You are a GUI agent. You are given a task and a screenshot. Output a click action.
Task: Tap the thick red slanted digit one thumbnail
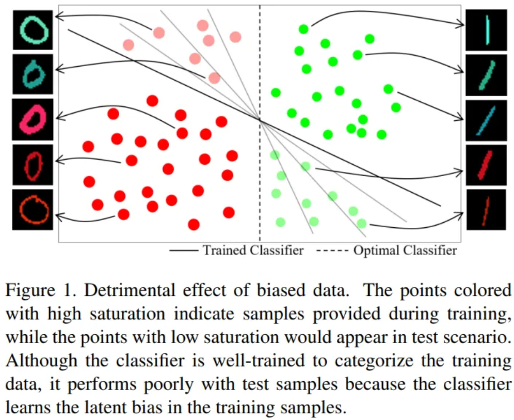point(485,165)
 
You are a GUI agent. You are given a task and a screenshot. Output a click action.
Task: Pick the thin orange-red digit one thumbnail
point(485,209)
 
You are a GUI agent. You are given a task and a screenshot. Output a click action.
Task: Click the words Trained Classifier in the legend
point(253,251)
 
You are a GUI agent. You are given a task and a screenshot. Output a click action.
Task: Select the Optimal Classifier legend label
point(405,251)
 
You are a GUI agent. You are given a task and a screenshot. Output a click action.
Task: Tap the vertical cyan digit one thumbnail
point(485,29)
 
